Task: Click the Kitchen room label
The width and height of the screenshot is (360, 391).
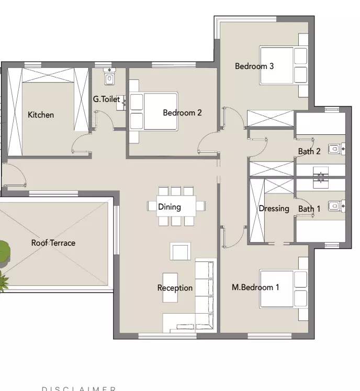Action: pos(41,115)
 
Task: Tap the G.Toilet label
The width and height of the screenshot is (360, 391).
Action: pos(106,99)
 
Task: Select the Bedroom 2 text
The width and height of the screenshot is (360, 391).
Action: pos(182,112)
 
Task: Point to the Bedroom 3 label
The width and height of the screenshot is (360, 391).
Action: pos(254,66)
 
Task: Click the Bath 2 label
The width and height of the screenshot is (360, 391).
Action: pos(309,152)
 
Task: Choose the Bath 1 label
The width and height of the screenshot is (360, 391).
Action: pos(309,209)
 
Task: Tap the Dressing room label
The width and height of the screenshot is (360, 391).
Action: pos(274,209)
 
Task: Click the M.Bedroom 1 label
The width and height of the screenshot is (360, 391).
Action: pos(255,287)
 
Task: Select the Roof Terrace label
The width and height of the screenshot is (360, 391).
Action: pos(53,243)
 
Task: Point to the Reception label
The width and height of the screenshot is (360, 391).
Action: pos(175,288)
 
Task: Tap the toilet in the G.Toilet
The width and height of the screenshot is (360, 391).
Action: pos(109,78)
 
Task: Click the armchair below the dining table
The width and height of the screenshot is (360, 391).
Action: pos(180,251)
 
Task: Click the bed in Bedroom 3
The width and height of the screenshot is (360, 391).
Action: pos(283,65)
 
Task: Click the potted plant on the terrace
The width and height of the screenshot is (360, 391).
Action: pos(3,252)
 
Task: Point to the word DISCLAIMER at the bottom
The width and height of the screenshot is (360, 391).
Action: pos(78,388)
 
